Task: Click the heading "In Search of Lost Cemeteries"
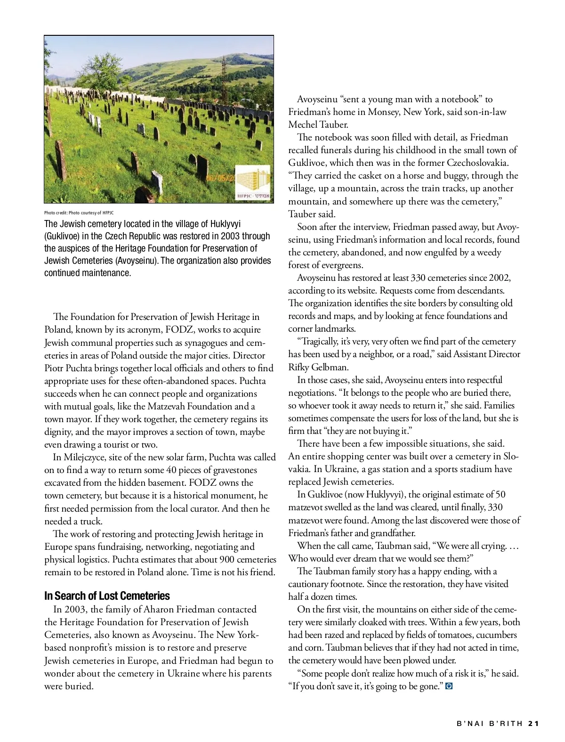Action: click(x=107, y=596)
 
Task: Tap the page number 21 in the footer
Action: click(x=533, y=724)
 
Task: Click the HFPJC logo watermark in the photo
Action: click(x=253, y=183)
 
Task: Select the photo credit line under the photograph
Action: click(x=79, y=213)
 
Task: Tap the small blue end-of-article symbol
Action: click(x=449, y=686)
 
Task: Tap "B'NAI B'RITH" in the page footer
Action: click(x=490, y=724)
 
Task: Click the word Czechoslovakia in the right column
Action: click(x=476, y=163)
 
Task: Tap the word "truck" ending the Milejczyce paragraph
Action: click(x=91, y=522)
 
